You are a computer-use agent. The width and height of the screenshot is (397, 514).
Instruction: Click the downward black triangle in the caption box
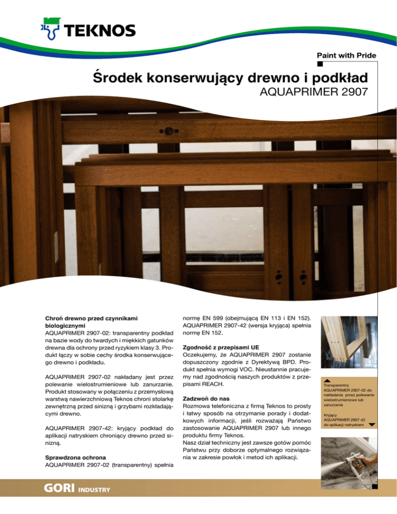[372, 425]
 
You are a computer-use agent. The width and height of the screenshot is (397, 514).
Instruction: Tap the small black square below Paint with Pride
[320, 64]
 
